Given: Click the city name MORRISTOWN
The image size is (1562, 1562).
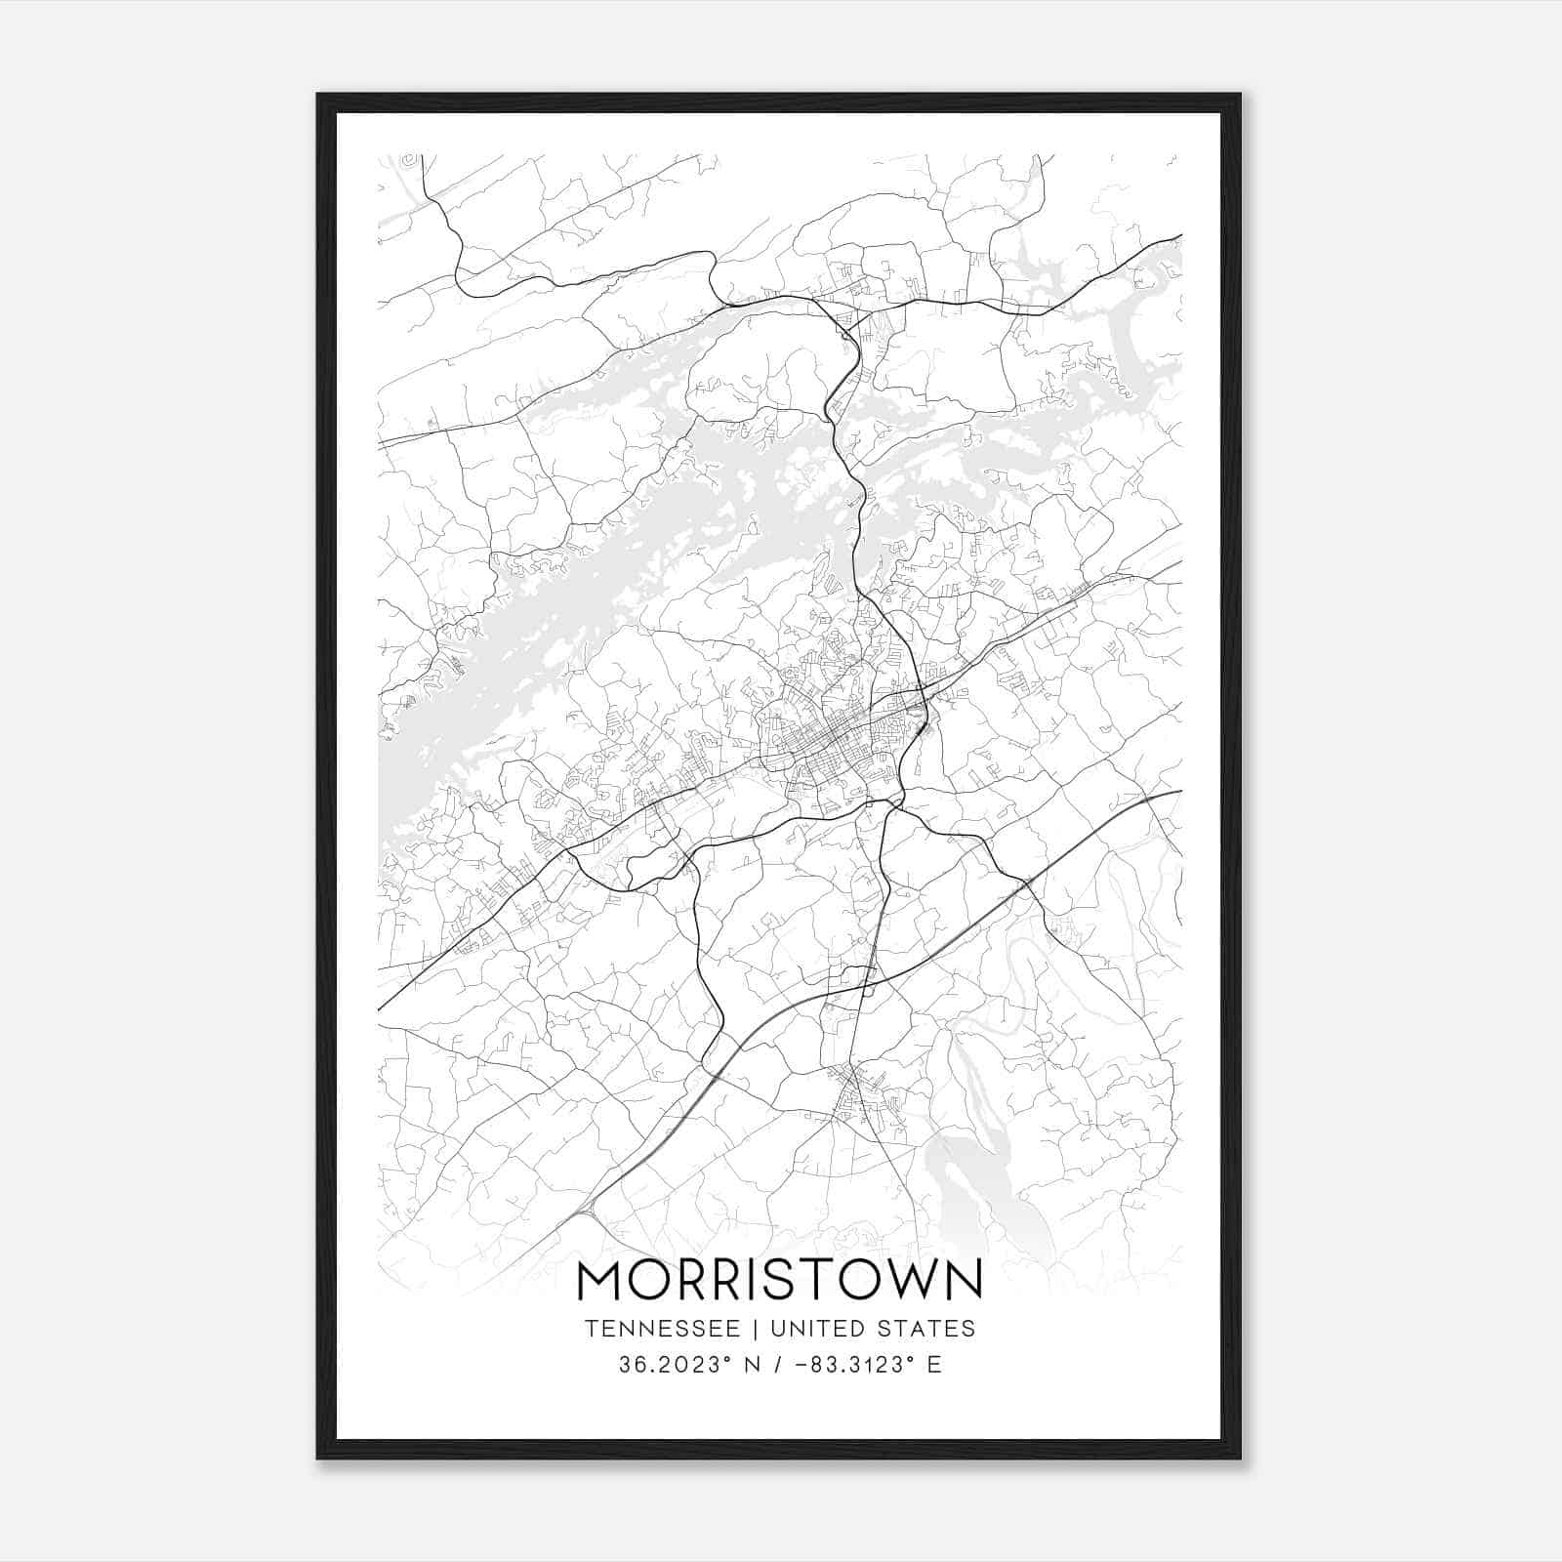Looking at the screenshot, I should (779, 1280).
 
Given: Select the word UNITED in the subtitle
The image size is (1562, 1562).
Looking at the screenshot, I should (816, 1329).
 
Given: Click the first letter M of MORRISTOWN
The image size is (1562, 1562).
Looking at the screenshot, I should (599, 1280).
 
